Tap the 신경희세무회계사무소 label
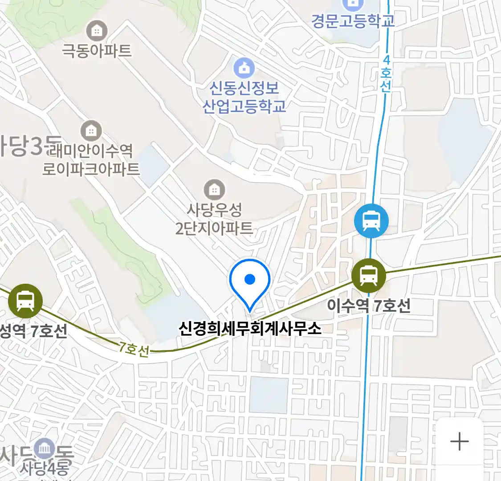click(x=250, y=329)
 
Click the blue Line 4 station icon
click(x=371, y=220)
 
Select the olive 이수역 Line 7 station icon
click(x=368, y=275)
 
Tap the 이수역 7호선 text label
click(x=369, y=306)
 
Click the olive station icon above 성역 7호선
click(x=25, y=301)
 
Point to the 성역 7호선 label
click(x=33, y=331)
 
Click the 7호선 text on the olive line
click(x=134, y=349)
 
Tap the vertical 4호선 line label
click(x=386, y=73)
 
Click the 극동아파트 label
click(x=97, y=50)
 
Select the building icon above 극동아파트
click(x=97, y=31)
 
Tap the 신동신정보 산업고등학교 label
click(x=244, y=97)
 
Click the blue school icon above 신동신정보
click(x=244, y=68)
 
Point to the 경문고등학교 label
click(x=353, y=20)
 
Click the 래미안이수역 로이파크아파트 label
click(x=91, y=160)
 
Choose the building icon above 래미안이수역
click(x=91, y=131)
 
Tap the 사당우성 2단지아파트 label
click(x=214, y=219)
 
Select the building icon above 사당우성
click(x=214, y=190)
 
